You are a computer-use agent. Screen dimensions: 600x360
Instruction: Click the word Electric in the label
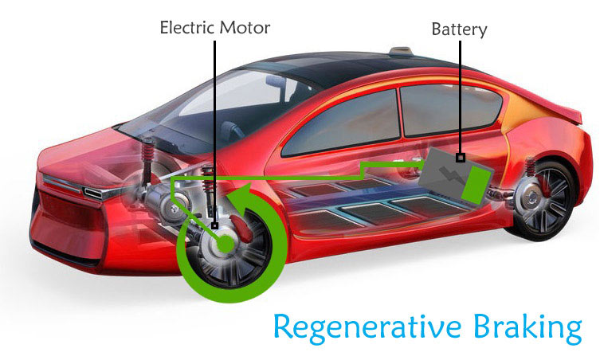[x=187, y=28]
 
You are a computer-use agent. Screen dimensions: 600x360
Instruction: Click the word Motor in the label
[x=245, y=28]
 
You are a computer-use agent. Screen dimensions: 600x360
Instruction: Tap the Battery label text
[x=459, y=29]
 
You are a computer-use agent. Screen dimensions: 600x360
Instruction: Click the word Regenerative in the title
[x=367, y=327]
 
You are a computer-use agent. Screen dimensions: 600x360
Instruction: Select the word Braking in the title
[x=527, y=327]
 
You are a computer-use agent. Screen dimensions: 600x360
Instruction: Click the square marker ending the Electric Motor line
[x=214, y=225]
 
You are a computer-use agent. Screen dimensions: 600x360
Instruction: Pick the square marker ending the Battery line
[x=461, y=157]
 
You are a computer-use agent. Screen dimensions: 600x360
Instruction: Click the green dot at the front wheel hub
[x=225, y=244]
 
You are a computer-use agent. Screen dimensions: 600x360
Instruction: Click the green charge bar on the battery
[x=476, y=185]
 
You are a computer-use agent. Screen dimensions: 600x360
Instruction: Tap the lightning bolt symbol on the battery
[x=450, y=176]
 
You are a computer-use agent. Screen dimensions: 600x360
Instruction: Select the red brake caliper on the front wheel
[x=241, y=228]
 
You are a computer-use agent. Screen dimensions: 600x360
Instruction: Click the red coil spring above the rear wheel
[x=531, y=167]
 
